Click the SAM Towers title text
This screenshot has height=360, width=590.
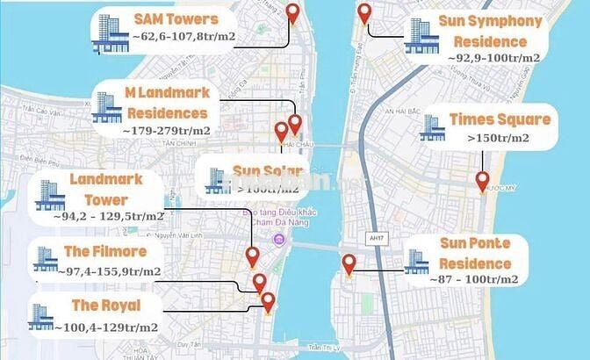pos(176,19)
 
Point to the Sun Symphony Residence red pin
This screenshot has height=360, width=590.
pos(365,14)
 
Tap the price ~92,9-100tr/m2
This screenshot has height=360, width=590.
pos(493,58)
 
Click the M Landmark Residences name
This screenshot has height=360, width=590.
pos(167,104)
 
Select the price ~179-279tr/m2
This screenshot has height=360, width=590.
pos(167,130)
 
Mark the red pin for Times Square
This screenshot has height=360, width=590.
pos(482,181)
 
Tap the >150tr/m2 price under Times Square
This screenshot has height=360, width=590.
pos(499,139)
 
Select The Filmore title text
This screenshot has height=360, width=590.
pos(105,252)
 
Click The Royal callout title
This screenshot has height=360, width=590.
pos(104,306)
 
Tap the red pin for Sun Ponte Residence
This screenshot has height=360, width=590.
pos(349,263)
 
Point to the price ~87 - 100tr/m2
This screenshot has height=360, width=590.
pos(474,279)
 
